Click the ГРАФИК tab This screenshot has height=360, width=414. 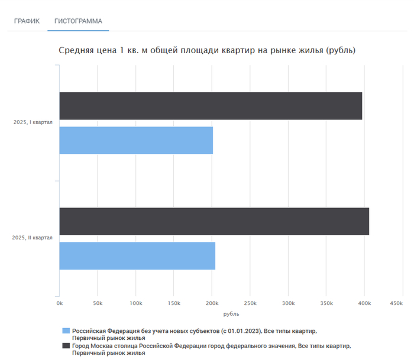27,21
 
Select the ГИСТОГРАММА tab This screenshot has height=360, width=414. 78,21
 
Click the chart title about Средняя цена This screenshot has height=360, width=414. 207,50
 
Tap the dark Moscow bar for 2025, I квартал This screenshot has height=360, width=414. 211,106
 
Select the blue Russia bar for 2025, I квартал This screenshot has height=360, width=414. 136,140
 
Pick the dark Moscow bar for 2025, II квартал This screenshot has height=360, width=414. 214,221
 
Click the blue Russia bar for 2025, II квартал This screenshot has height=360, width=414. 137,255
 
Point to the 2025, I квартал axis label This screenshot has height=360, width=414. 33,123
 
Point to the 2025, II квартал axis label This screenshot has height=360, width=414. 33,238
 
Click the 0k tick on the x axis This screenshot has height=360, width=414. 59,303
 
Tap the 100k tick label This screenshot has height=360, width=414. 135,303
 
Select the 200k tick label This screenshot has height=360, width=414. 212,303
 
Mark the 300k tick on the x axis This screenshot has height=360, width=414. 288,303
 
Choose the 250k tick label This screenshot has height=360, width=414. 250,303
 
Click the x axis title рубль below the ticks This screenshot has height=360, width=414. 231,314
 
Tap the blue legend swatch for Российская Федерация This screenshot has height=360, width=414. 66,330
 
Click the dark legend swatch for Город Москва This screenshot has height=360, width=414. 66,346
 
